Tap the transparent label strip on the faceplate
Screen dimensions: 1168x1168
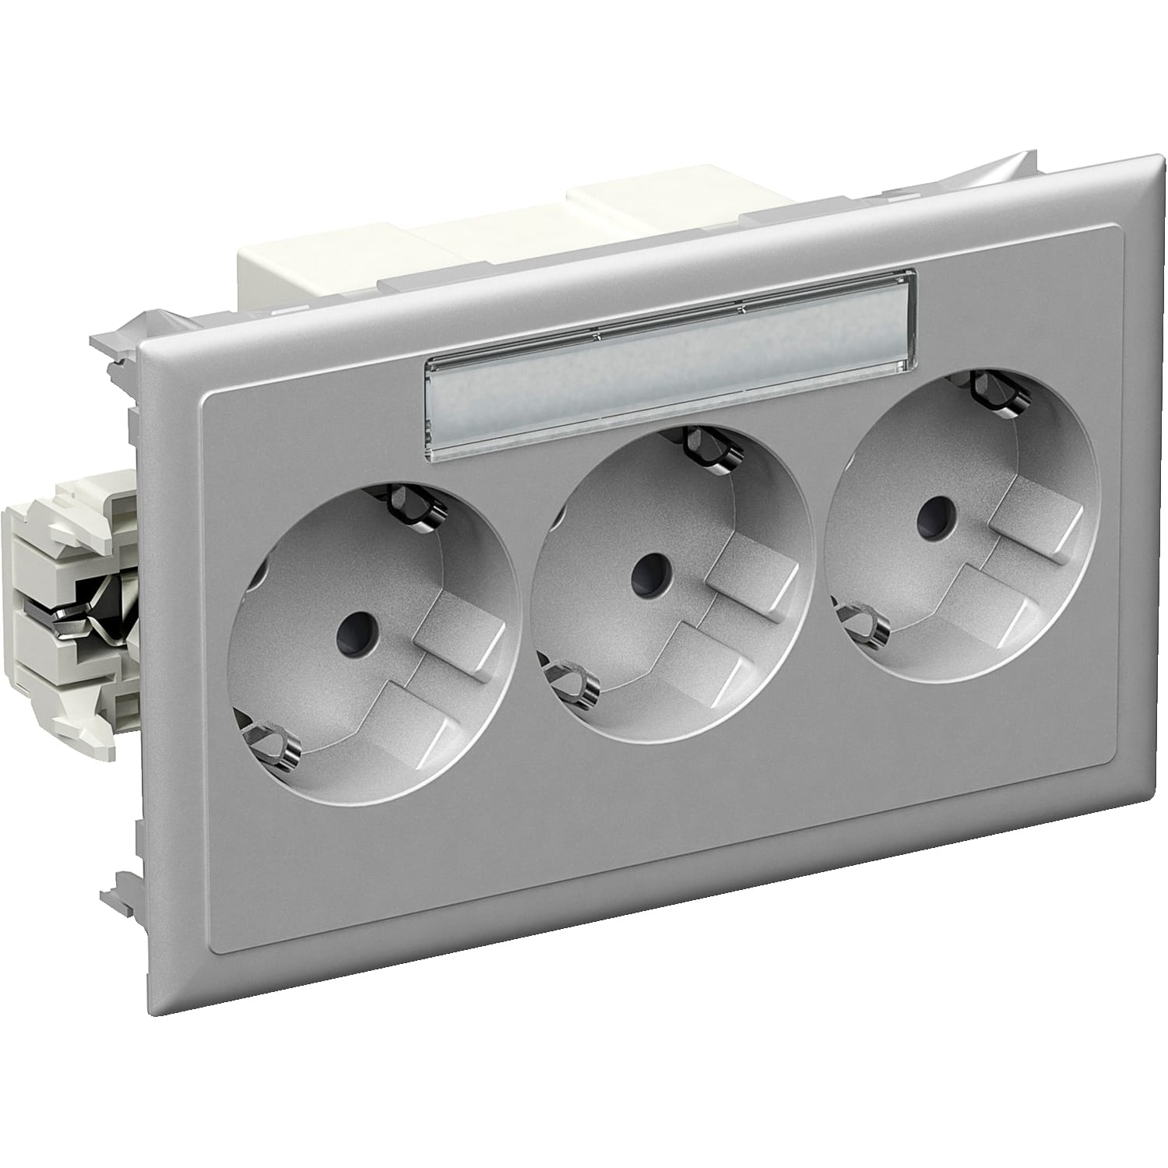pyautogui.click(x=670, y=347)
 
